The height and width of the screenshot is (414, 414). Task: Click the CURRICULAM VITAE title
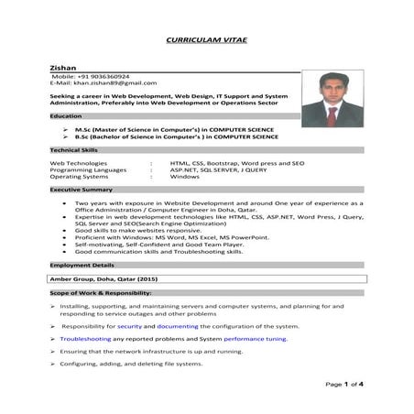[206, 41]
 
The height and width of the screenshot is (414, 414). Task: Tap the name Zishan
[62, 68]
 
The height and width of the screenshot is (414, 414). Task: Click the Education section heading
[65, 116]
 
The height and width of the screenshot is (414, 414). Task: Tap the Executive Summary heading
[81, 189]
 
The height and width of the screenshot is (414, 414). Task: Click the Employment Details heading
[82, 263]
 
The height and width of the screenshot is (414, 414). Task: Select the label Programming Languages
[88, 169]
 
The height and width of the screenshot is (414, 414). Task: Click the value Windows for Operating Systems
[185, 176]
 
